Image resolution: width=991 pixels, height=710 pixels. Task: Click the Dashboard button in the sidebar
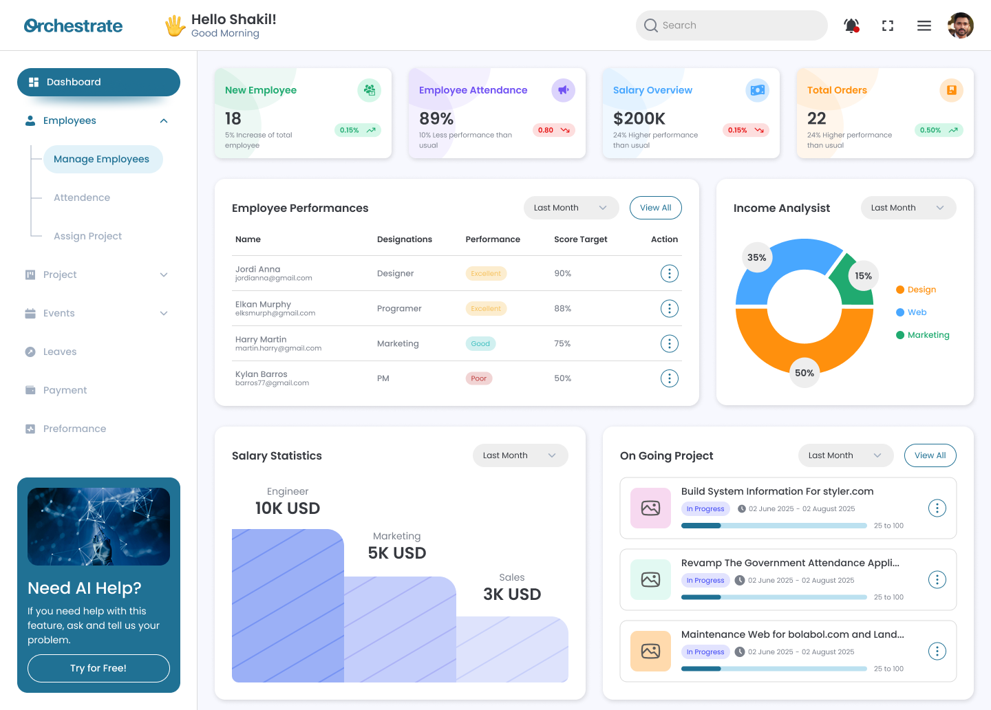click(98, 82)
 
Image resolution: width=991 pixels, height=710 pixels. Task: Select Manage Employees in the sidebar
click(102, 159)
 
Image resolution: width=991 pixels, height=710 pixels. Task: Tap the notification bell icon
click(851, 25)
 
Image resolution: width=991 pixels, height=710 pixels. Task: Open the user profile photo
click(960, 25)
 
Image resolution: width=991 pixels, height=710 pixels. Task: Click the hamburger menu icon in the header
click(924, 25)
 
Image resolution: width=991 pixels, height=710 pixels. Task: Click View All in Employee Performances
click(655, 208)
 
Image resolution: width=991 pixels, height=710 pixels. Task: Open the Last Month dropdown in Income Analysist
click(908, 208)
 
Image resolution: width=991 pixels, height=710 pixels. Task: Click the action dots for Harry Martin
click(669, 343)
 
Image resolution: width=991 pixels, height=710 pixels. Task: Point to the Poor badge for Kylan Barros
click(478, 378)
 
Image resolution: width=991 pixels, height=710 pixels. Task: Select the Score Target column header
click(580, 239)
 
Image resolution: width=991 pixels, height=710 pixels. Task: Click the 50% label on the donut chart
click(804, 373)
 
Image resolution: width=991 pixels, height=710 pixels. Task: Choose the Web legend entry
click(916, 312)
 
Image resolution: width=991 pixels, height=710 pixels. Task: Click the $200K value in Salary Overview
click(639, 118)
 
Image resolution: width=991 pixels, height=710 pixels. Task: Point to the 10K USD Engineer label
click(287, 508)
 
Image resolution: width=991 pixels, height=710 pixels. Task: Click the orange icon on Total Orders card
click(951, 90)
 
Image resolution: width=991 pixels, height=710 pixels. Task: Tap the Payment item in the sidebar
click(65, 390)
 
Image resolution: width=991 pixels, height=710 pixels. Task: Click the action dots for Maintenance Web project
click(937, 651)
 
